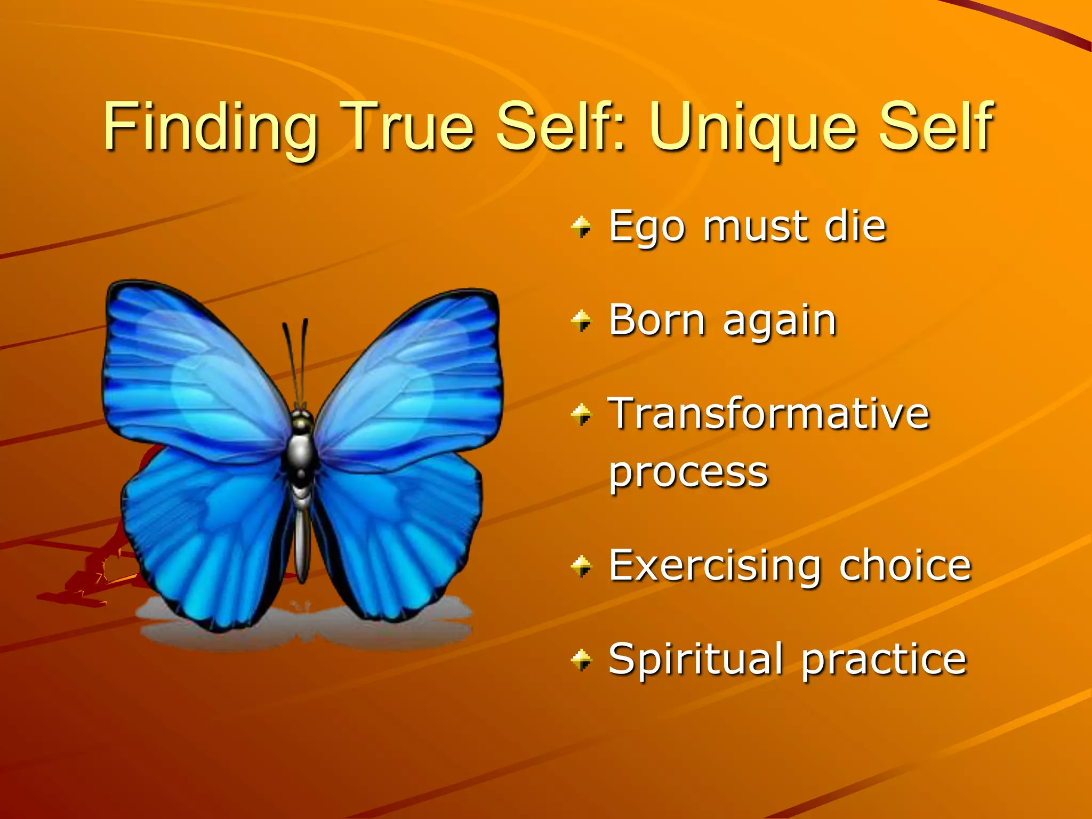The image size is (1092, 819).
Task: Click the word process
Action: pyautogui.click(x=688, y=473)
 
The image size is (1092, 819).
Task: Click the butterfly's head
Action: pyautogui.click(x=302, y=421)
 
